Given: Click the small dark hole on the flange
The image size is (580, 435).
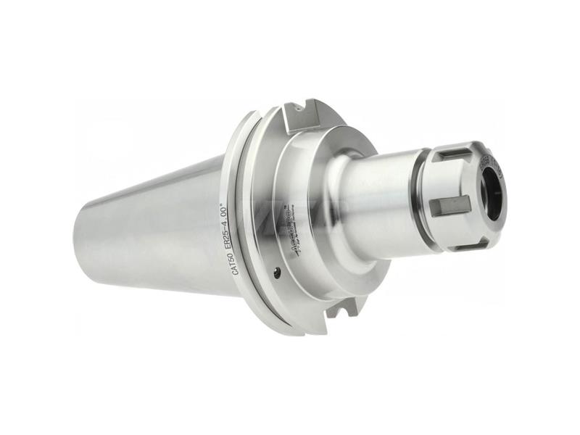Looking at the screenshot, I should (x=277, y=272).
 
